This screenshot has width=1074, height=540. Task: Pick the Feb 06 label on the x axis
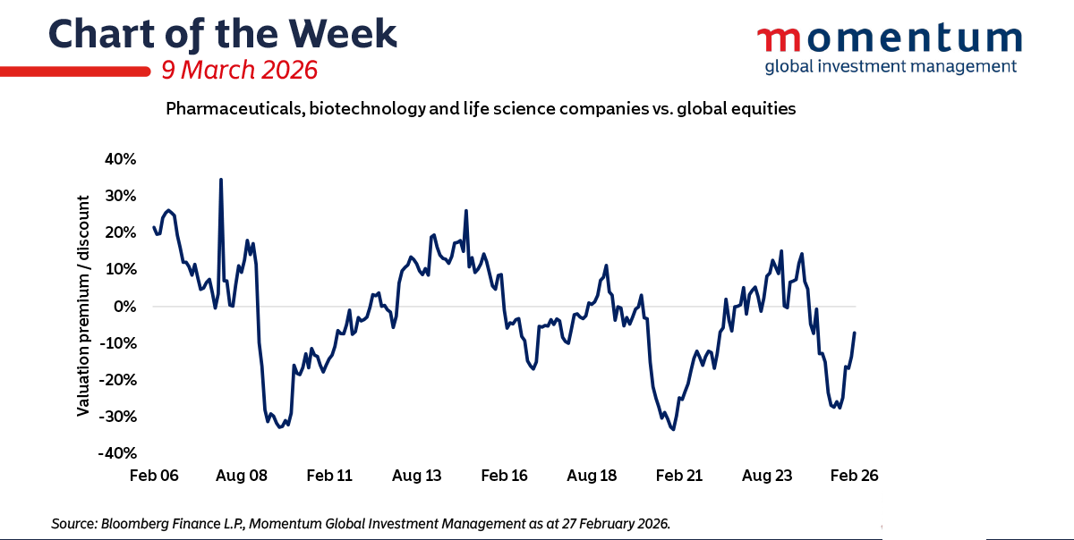156,476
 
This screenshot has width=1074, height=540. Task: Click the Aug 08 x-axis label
243,476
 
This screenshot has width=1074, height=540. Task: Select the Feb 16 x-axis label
506,476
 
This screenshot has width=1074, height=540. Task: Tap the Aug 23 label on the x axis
768,476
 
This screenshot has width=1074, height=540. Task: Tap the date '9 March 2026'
237,70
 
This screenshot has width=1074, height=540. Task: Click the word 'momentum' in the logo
890,40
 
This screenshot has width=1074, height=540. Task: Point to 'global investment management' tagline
890,66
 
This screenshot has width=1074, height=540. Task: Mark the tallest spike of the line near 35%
221,180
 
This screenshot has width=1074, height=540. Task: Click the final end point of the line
855,333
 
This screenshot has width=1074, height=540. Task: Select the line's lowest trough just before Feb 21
673,429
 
